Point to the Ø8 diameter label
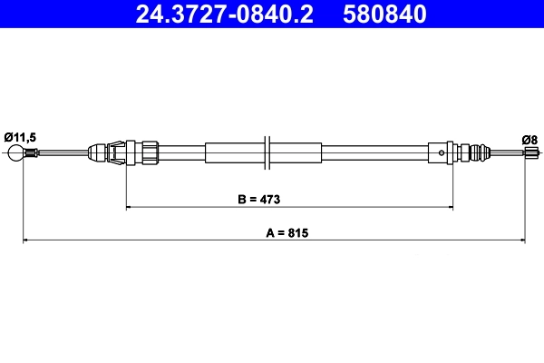(529, 139)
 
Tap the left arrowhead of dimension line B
(129, 208)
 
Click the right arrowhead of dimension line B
(450, 208)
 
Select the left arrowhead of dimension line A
(25, 240)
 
